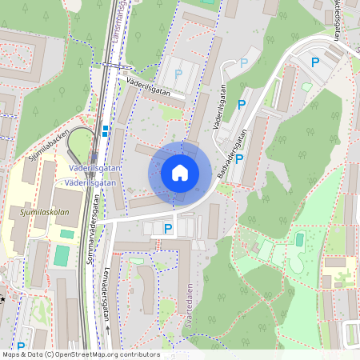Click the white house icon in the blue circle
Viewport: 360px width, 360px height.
[x=179, y=173]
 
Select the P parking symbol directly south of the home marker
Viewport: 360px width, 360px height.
[x=168, y=230]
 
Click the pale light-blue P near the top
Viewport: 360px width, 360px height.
[x=245, y=62]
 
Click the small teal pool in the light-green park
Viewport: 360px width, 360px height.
[x=299, y=239]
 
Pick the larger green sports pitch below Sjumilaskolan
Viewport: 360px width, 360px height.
[x=62, y=256]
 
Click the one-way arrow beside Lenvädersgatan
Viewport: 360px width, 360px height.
[x=107, y=327]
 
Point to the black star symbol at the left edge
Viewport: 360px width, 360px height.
[x=2, y=300]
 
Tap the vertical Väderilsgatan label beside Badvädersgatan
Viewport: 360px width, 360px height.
[x=218, y=113]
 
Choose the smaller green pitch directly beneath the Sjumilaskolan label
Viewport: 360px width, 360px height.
[x=66, y=234]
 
